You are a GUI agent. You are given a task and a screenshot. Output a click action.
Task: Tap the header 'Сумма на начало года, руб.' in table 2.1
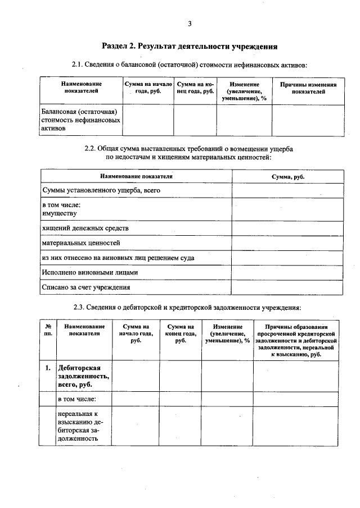coord(148,88)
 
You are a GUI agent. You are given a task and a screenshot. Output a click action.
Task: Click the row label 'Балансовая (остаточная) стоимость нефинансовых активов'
coord(80,120)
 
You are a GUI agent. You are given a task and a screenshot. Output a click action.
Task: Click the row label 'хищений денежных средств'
coord(85,228)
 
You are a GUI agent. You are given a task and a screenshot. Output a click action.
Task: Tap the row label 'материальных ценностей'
coord(81,243)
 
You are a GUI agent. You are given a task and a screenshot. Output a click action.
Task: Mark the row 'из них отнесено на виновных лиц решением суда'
coord(118,258)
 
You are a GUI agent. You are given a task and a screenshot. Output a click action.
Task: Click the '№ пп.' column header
coord(48,329)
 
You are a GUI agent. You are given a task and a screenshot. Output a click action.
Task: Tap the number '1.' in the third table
coord(48,368)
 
